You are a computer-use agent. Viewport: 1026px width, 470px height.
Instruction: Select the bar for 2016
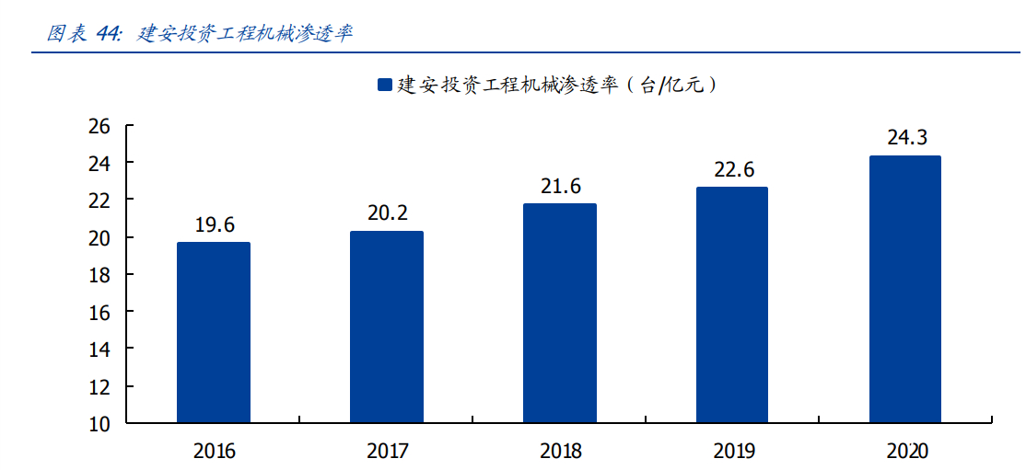[214, 332]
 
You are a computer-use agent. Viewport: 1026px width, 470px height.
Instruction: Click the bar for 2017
[387, 327]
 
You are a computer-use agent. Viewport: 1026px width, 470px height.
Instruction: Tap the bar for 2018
[560, 313]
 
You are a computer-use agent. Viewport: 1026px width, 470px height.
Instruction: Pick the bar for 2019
[732, 304]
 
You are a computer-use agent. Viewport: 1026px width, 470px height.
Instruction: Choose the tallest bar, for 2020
[905, 289]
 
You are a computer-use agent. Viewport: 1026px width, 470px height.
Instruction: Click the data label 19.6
[214, 225]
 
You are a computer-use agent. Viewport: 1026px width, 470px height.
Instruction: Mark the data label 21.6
[560, 187]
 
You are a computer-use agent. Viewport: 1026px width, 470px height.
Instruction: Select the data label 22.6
[732, 170]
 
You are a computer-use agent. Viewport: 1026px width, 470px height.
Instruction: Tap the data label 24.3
[906, 139]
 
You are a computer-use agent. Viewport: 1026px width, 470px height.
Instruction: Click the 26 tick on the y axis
[99, 126]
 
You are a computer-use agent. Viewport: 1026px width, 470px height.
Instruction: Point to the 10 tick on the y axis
[99, 424]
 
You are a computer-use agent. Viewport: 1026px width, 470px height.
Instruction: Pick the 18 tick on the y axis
[99, 275]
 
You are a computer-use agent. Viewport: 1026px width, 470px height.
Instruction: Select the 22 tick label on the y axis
[99, 201]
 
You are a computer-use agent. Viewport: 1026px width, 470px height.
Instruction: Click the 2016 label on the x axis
[214, 452]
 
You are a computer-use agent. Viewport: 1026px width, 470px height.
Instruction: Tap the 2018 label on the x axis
[560, 452]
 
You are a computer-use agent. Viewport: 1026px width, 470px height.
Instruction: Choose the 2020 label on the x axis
[906, 452]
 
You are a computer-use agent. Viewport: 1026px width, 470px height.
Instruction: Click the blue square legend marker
[384, 86]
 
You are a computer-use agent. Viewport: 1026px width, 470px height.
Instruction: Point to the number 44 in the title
[108, 34]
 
